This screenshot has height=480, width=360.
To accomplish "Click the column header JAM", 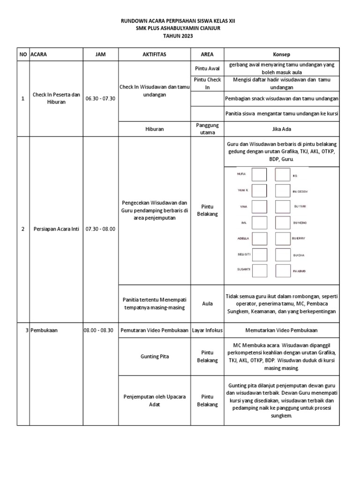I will pyautogui.click(x=100, y=54).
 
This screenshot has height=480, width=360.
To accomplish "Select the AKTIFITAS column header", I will pyautogui.click(x=154, y=54).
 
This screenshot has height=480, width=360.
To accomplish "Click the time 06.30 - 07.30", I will pyautogui.click(x=100, y=99).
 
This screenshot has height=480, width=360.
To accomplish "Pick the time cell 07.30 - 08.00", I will pyautogui.click(x=100, y=229).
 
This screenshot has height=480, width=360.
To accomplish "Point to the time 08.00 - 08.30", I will pyautogui.click(x=98, y=330).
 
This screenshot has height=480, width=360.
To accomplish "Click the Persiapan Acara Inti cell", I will pyautogui.click(x=56, y=229).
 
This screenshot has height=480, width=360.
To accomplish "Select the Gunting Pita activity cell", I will pyautogui.click(x=154, y=356).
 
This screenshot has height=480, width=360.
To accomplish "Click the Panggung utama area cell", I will pyautogui.click(x=207, y=128).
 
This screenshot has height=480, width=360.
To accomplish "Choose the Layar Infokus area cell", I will pyautogui.click(x=207, y=330).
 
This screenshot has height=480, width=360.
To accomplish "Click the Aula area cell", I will pyautogui.click(x=207, y=303).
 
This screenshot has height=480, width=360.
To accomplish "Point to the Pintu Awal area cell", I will pyautogui.click(x=207, y=68).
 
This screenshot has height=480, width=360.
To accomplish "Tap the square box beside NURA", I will pyautogui.click(x=259, y=174).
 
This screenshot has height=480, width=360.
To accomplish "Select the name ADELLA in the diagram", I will pyautogui.click(x=243, y=238).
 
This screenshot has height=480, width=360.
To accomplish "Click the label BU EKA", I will pyautogui.click(x=299, y=255).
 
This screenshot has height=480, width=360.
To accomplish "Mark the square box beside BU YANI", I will pyautogui.click(x=283, y=206).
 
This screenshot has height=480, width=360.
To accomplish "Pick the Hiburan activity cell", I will pyautogui.click(x=154, y=128).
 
